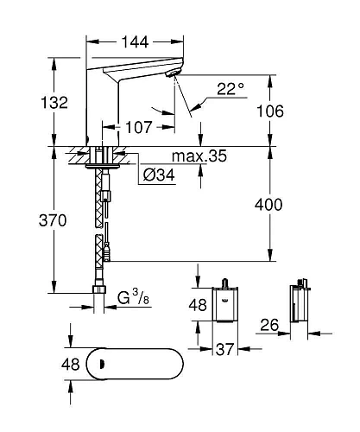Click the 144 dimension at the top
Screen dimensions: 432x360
pyautogui.click(x=134, y=41)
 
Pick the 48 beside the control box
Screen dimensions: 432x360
pyautogui.click(x=199, y=304)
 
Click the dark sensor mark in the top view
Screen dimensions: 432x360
pyautogui.click(x=97, y=364)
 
